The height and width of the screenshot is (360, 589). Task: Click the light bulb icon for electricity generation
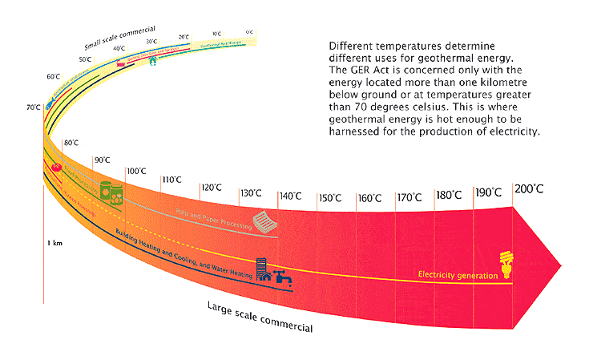(x=506, y=265)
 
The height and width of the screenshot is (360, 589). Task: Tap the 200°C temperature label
(x=530, y=190)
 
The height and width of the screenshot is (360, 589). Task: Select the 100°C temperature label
(x=136, y=171)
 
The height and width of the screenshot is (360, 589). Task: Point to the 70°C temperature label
(x=33, y=107)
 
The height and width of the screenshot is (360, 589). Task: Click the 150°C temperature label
(x=329, y=197)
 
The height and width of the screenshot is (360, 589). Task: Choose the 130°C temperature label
(x=251, y=192)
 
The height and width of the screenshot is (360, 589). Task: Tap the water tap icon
(x=282, y=277)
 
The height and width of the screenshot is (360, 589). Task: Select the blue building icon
(x=262, y=268)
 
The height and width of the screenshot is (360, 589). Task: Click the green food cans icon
(x=111, y=190)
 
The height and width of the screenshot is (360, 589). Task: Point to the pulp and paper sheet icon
(x=264, y=219)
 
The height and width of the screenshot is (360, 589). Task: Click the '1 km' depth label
(x=56, y=241)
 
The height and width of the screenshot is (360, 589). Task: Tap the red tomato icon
(x=56, y=168)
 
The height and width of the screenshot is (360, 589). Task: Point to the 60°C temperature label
(x=54, y=76)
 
